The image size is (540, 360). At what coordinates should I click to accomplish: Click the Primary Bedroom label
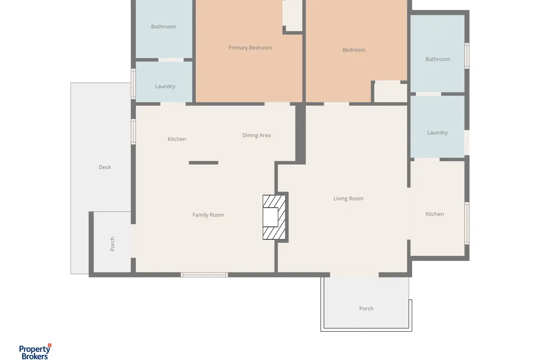click(250, 48)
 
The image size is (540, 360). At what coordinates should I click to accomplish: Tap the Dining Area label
click(256, 135)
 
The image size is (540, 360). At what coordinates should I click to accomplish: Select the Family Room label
click(208, 215)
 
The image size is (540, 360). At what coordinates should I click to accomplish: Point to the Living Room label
click(348, 198)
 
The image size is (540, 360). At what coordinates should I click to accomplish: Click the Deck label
click(105, 167)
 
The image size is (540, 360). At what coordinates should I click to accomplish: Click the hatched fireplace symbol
click(274, 217)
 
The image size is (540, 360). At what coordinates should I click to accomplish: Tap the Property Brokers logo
click(35, 352)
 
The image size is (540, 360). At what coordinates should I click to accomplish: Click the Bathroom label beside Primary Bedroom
click(163, 27)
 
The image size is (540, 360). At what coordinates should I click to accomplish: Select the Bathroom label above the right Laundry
click(438, 59)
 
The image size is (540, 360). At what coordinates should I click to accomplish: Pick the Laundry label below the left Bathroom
click(165, 86)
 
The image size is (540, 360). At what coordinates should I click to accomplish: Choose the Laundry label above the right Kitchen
click(437, 133)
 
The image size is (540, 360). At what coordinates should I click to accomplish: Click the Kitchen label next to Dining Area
click(177, 139)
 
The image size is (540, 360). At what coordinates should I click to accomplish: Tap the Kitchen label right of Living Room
click(434, 214)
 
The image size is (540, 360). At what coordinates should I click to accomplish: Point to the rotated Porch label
click(112, 244)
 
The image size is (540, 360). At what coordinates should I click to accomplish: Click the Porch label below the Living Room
click(366, 308)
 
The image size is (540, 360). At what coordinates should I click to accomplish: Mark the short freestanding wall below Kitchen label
click(203, 163)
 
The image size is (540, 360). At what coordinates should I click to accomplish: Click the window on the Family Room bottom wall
click(204, 274)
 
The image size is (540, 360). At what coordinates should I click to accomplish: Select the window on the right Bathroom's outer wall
click(467, 56)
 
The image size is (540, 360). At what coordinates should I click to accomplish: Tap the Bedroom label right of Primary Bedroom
click(354, 50)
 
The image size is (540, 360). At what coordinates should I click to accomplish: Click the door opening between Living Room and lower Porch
click(354, 274)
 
